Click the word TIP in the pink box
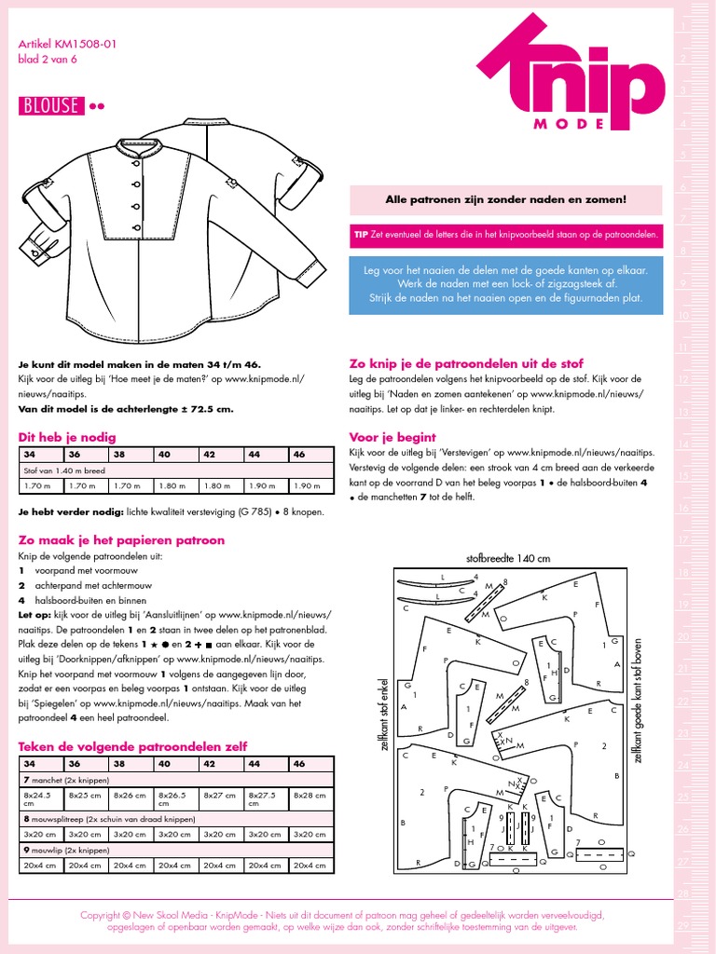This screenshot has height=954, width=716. coord(361,236)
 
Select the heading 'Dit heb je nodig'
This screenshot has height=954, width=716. coord(67,436)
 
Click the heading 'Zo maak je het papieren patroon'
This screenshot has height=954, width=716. coord(121,539)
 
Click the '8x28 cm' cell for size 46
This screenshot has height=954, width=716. coord(310,797)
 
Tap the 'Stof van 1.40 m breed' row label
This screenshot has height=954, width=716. coord(65,470)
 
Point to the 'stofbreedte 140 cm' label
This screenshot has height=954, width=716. coord(508,558)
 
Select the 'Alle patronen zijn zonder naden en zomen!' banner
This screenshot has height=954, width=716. coord(506,199)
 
